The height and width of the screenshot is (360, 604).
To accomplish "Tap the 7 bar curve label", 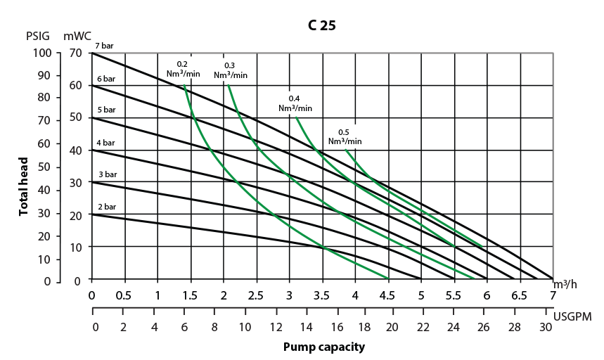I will [x=105, y=46].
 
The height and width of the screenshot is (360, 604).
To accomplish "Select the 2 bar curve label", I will [x=105, y=207].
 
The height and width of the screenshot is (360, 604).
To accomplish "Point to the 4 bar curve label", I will [x=105, y=143].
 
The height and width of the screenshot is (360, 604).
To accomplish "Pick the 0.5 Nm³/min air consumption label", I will [x=345, y=136].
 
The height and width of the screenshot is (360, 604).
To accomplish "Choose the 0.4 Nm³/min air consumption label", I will [x=295, y=103].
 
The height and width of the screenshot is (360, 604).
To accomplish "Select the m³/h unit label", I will [x=566, y=284].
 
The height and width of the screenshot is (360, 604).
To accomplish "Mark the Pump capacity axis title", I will [x=324, y=347].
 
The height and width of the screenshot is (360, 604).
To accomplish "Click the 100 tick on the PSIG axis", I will [x=42, y=53].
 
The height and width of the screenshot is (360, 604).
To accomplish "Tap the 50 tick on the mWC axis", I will [x=76, y=117].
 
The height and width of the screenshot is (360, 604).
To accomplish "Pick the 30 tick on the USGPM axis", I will [x=545, y=327].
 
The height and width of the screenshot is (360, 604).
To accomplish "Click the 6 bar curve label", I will [x=105, y=79].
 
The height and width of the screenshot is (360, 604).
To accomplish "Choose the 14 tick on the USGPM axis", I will [x=306, y=327].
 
